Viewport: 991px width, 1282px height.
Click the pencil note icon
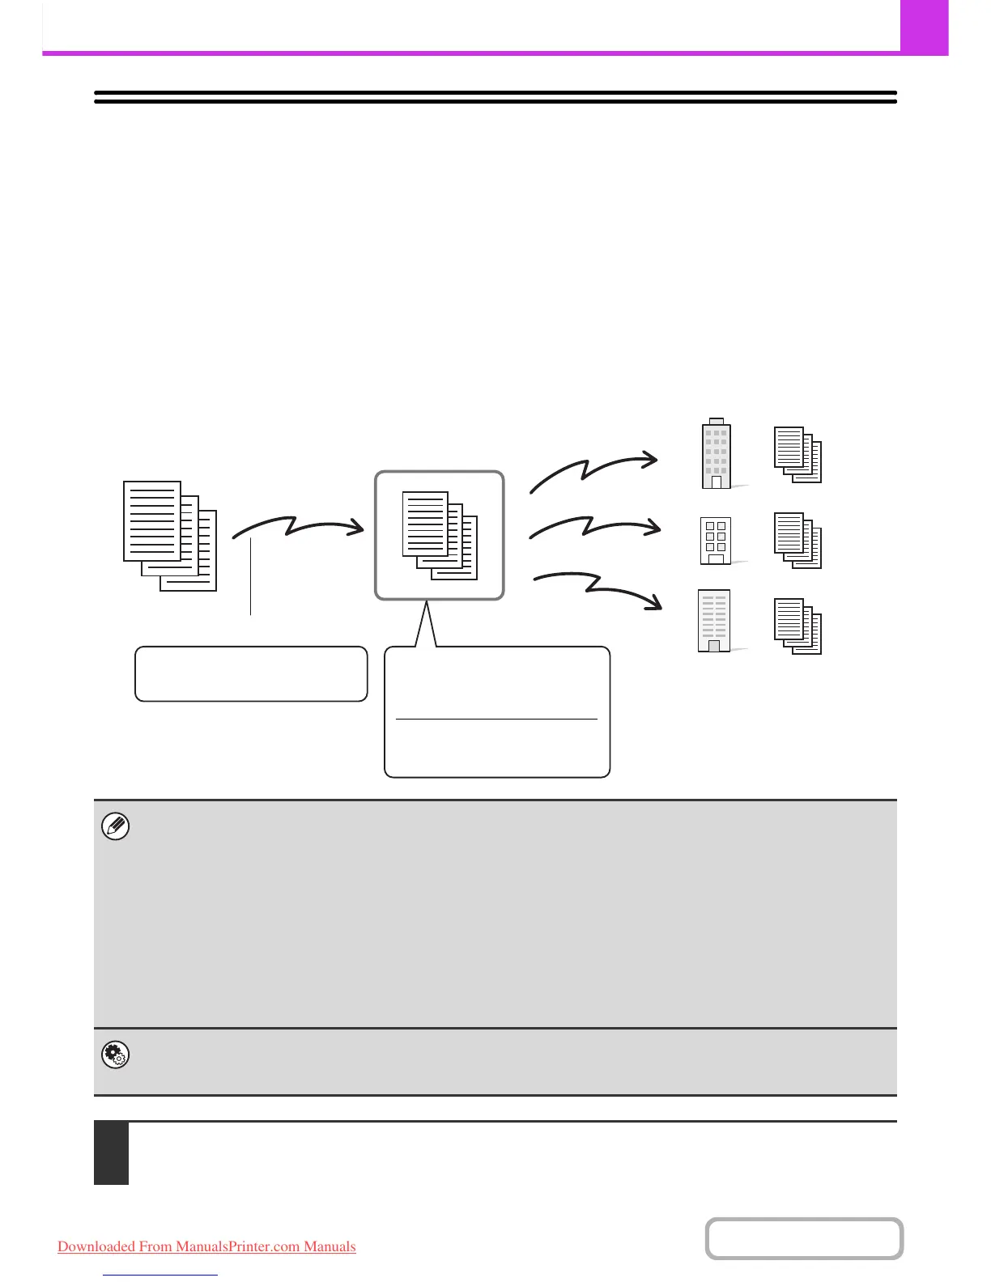116,826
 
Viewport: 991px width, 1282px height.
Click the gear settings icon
116,1055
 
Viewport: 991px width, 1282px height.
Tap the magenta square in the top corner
924,27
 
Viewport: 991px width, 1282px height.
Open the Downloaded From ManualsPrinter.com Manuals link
206,1246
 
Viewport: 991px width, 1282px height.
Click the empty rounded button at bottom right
804,1238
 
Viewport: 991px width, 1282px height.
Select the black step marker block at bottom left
111,1153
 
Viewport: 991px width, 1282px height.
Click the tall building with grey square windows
716,454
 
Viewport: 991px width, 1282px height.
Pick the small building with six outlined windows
715,541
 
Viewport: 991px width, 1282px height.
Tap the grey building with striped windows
714,621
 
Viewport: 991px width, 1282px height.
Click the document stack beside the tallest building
797,454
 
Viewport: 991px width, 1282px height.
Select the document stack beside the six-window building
797,540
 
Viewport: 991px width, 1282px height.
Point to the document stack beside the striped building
797,626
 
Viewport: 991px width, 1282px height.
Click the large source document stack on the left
170,535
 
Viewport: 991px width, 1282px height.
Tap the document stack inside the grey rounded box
439,535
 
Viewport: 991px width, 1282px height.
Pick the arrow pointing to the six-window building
594,527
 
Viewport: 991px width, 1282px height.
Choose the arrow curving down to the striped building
599,588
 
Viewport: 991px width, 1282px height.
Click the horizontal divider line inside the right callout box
496,719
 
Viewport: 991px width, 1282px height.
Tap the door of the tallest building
716,482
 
